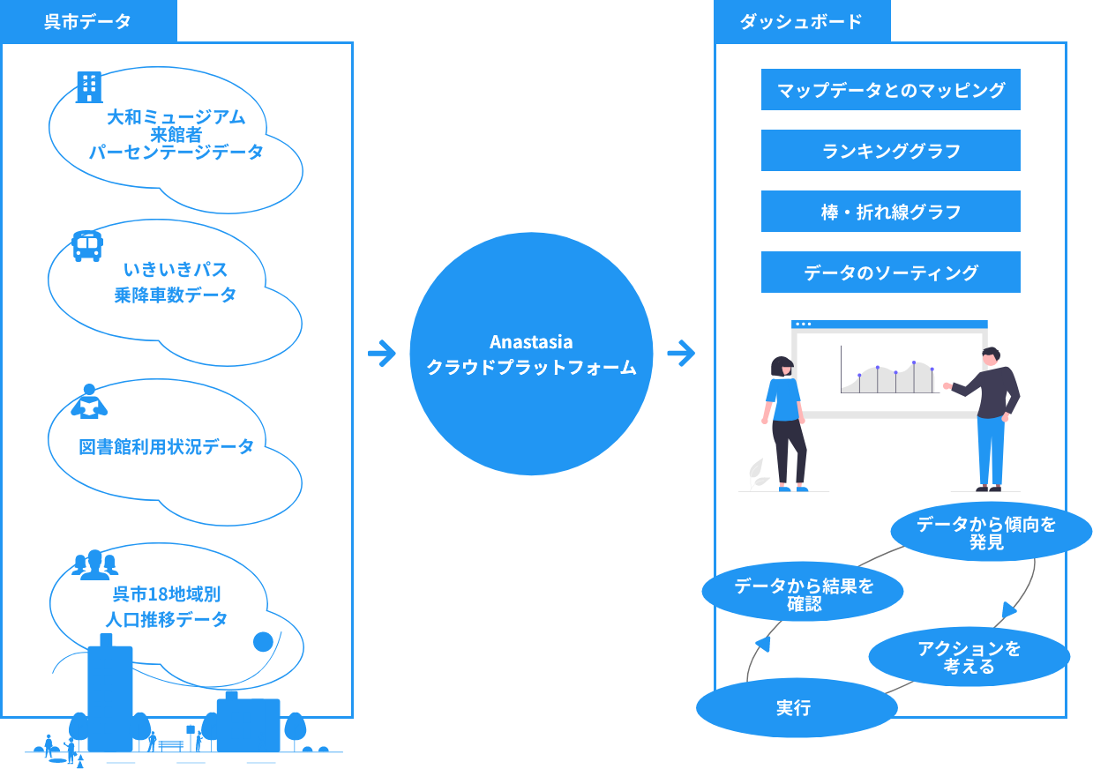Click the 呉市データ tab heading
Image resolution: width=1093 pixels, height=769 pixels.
point(88,21)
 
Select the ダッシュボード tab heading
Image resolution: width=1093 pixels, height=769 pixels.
point(801,21)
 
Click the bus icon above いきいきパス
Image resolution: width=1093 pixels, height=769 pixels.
point(86,246)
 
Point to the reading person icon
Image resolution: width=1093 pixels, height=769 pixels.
point(88,401)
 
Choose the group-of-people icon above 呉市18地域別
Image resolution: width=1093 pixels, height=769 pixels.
point(94,563)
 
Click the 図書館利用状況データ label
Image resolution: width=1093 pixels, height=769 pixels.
point(167,446)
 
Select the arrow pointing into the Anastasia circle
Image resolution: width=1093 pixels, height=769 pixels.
point(382,354)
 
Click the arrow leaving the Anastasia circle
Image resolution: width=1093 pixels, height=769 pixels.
point(681,354)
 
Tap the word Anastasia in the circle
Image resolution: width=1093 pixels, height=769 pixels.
point(531,342)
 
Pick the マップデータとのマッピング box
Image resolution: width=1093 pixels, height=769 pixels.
point(890,90)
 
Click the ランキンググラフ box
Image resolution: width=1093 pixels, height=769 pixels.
point(890,151)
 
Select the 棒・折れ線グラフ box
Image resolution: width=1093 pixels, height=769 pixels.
point(890,212)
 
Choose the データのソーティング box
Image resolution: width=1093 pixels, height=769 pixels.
point(890,273)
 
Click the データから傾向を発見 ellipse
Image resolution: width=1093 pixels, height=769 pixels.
point(986,533)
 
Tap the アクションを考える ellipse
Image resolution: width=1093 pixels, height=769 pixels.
point(969,657)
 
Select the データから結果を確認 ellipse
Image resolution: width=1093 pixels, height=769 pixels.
point(803,594)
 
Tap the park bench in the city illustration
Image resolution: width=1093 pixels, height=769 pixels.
point(170,745)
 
